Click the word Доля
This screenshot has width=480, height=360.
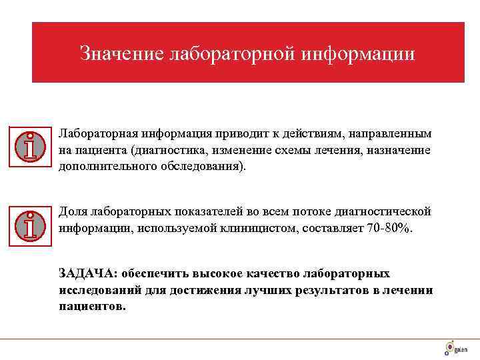coord(72,211)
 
